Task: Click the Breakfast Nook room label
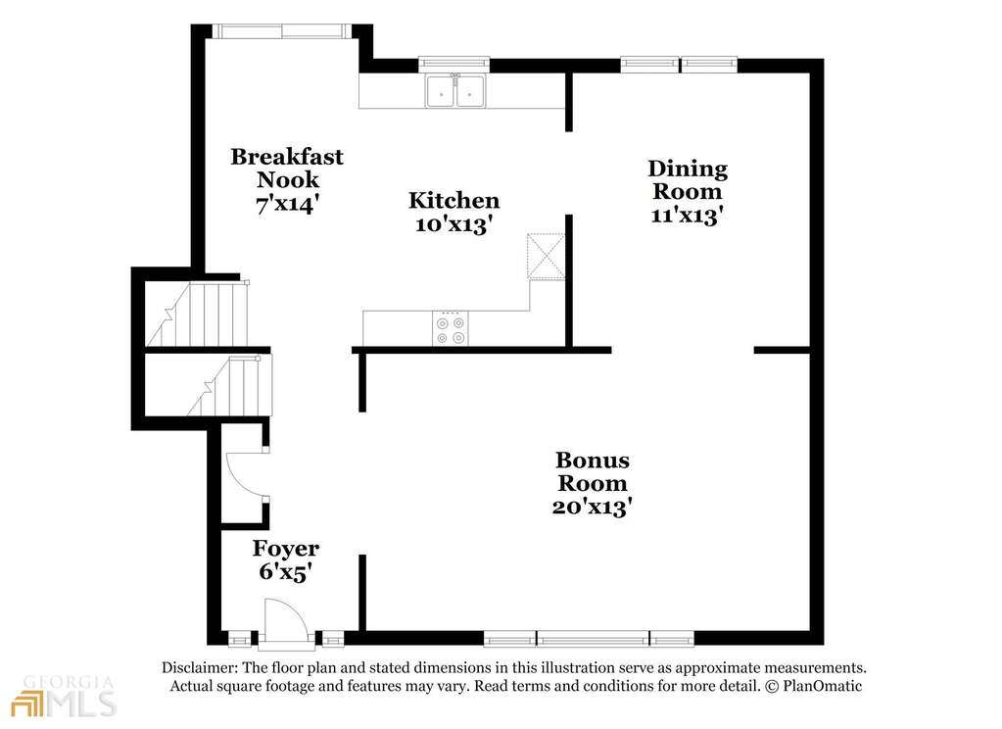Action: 287,168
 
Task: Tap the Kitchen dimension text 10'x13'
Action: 453,224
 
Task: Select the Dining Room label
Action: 688,179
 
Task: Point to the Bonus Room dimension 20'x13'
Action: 593,507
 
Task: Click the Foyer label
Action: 286,548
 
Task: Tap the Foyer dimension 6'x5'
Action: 285,571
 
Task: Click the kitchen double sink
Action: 455,92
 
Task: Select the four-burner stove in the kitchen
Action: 450,328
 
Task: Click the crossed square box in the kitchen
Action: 547,256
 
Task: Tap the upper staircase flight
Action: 198,314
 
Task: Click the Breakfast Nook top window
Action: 281,30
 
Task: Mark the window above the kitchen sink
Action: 454,64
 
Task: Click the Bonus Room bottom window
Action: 589,638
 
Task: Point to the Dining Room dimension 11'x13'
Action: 687,215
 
